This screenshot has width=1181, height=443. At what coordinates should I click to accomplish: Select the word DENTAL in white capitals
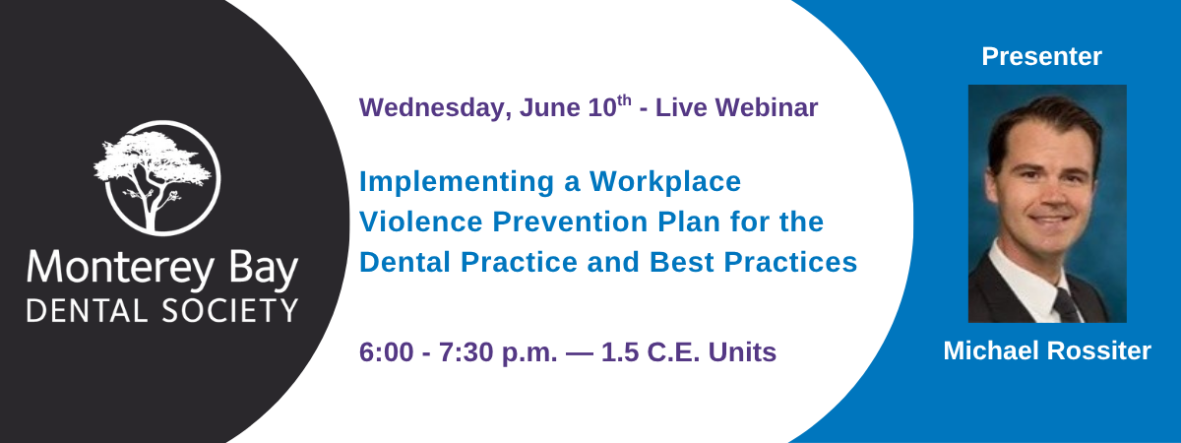87,311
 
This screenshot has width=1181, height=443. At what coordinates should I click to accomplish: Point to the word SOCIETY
230,311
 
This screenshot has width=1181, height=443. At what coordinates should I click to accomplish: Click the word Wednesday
435,108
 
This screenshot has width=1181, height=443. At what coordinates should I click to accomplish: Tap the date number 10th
609,106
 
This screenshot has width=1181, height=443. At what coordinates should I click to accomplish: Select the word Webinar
767,107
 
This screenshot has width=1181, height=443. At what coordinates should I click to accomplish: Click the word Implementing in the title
457,183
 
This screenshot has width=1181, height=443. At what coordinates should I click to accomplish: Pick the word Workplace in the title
665,182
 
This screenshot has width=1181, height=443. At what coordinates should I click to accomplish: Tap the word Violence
421,221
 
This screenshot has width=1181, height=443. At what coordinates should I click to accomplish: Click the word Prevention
570,221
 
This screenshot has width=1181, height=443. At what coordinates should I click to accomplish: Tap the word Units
742,352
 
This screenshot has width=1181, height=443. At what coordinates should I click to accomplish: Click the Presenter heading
1042,56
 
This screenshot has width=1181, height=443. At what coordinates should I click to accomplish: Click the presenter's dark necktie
1067,306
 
